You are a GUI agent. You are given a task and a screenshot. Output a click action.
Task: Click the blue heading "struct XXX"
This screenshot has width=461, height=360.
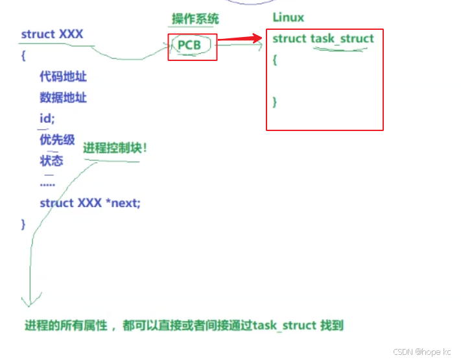(52, 34)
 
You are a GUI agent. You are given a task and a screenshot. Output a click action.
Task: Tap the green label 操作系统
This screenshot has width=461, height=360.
(195, 18)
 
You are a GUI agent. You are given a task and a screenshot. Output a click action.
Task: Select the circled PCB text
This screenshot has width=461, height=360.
(189, 46)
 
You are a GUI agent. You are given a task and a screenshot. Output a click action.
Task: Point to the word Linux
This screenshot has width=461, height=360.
(288, 18)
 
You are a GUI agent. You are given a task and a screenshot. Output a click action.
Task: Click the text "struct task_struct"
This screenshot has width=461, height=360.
(323, 39)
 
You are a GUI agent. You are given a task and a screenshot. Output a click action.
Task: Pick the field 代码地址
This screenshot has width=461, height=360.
(63, 77)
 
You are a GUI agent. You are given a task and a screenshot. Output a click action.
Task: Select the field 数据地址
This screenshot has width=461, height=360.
(63, 98)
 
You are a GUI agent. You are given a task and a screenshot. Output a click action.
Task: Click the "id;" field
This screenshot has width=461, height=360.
(47, 119)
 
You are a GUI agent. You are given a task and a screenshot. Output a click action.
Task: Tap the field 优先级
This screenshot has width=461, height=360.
(57, 139)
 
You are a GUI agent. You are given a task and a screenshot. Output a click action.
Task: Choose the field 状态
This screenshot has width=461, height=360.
(51, 160)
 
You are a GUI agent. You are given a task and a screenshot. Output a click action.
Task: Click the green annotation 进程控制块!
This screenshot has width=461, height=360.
(115, 148)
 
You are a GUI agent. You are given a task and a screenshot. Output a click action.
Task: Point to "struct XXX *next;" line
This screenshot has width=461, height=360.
(89, 203)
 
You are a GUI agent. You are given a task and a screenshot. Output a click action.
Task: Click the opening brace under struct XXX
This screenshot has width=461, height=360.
(23, 56)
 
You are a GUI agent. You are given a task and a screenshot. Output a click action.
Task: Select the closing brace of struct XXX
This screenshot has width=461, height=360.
(23, 224)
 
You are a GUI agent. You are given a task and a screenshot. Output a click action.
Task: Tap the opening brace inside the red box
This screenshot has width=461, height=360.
(275, 60)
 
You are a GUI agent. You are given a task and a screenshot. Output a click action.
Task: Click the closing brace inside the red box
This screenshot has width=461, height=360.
(275, 101)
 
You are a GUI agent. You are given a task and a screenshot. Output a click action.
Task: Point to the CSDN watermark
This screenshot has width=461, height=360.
(421, 351)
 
